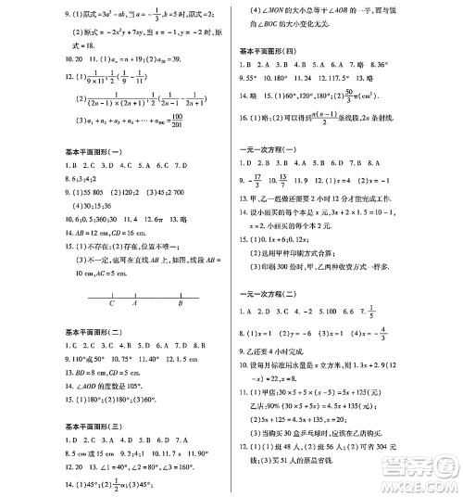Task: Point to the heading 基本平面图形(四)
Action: coord(270,47)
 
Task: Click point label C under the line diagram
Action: coord(111,302)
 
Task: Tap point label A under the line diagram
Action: coord(136,302)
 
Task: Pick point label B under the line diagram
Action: coord(182,302)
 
